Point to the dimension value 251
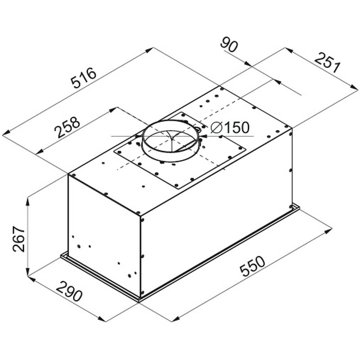pyautogui.click(x=326, y=63)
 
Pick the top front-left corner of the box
pyautogui.click(x=68, y=174)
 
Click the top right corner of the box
pyautogui.click(x=293, y=128)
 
